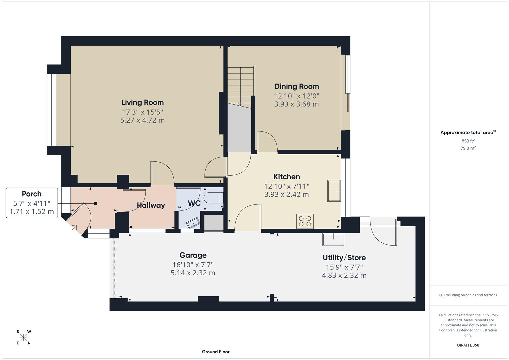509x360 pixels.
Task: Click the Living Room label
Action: pyautogui.click(x=142, y=102)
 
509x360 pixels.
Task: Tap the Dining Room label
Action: pyautogui.click(x=296, y=86)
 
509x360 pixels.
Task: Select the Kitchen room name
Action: pyautogui.click(x=286, y=177)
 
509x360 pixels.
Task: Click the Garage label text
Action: pyautogui.click(x=193, y=255)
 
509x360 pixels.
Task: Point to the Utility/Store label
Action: pyautogui.click(x=344, y=257)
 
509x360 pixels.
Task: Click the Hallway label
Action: pyautogui.click(x=151, y=205)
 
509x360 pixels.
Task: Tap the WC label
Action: pyautogui.click(x=194, y=203)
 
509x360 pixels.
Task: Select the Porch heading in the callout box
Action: pyautogui.click(x=32, y=194)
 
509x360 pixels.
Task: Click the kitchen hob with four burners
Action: pyautogui.click(x=305, y=221)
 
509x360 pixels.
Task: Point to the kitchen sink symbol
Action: pyautogui.click(x=334, y=191)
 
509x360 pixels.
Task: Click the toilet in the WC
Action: pyautogui.click(x=213, y=197)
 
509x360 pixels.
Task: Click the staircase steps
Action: pyautogui.click(x=241, y=85)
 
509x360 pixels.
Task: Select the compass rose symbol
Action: pyautogui.click(x=23, y=337)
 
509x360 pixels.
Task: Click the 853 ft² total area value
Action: pyautogui.click(x=468, y=141)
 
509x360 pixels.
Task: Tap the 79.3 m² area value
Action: pyautogui.click(x=468, y=148)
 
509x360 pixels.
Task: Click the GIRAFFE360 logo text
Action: pyautogui.click(x=468, y=345)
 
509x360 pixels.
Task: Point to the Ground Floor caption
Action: pyautogui.click(x=215, y=352)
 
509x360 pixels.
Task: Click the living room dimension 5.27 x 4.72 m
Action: pyautogui.click(x=142, y=120)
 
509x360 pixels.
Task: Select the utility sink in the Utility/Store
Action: pyautogui.click(x=333, y=239)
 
